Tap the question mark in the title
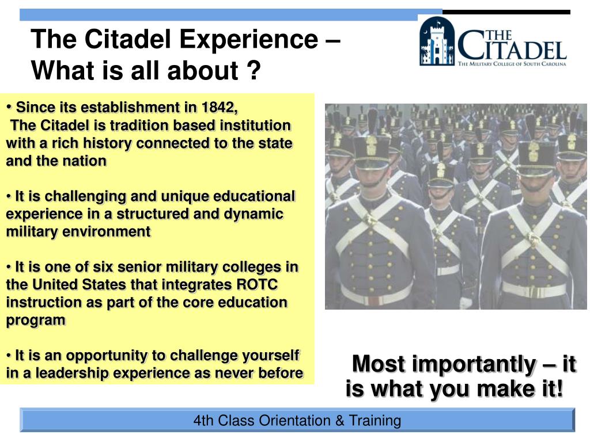point(254,70)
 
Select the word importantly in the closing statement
point(474,364)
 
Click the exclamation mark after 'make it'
point(559,388)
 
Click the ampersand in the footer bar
point(340,421)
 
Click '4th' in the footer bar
point(203,421)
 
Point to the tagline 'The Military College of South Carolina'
point(512,64)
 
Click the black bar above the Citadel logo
point(506,13)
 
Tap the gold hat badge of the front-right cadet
point(534,152)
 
